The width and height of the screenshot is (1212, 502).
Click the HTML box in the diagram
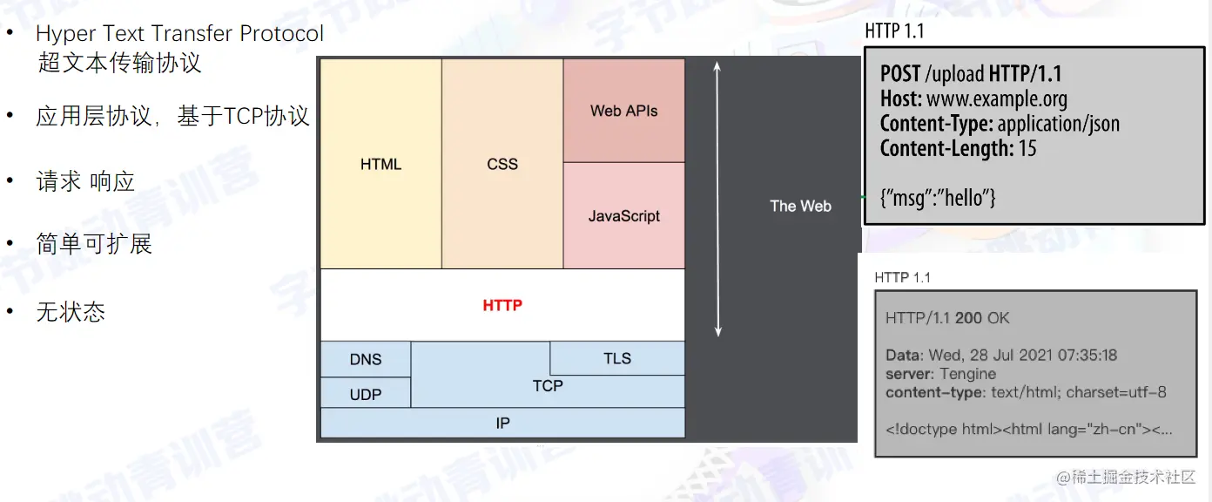click(x=380, y=164)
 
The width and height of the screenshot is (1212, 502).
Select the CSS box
click(x=502, y=164)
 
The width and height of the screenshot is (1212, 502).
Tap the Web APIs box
click(x=624, y=111)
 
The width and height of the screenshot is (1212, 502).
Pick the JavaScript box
click(x=624, y=215)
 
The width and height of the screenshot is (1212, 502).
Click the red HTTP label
click(x=502, y=305)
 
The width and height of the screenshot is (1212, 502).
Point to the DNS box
click(x=366, y=359)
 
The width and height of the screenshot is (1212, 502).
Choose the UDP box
click(x=366, y=393)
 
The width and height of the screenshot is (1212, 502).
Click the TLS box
click(x=617, y=358)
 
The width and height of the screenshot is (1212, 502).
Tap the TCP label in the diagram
click(x=548, y=385)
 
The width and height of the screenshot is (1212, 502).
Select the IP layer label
click(x=502, y=423)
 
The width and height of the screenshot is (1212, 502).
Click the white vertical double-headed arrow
click(x=717, y=199)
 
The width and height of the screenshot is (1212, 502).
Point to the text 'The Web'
click(x=800, y=206)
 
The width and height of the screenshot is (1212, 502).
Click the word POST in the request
click(x=899, y=74)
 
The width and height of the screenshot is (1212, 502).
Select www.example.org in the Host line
click(x=997, y=98)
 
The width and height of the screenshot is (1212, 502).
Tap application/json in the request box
click(x=1059, y=124)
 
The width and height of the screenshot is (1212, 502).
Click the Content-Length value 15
click(x=1027, y=148)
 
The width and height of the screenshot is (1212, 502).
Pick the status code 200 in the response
click(x=968, y=318)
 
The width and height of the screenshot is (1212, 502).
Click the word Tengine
click(x=967, y=374)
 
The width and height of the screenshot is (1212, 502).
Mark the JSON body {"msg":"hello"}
click(x=938, y=198)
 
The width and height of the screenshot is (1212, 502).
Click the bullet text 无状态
click(x=71, y=312)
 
